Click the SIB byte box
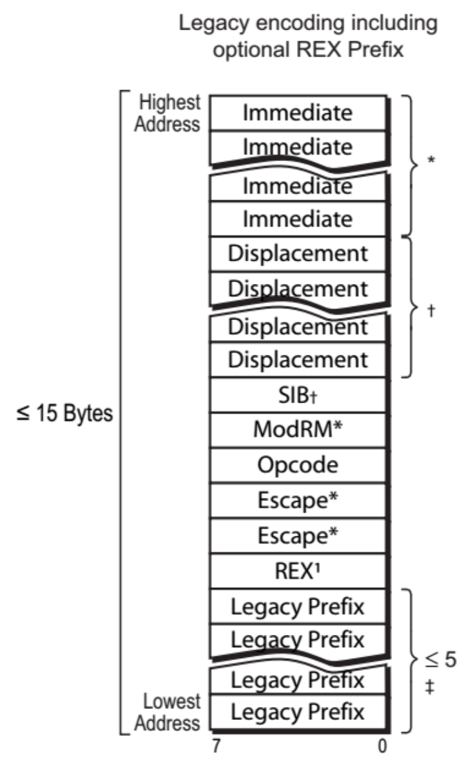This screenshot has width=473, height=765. (x=298, y=395)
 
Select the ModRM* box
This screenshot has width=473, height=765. (x=298, y=429)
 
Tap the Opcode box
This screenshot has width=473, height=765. (x=298, y=464)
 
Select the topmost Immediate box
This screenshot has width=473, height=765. (x=298, y=113)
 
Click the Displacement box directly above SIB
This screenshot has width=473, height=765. (x=298, y=359)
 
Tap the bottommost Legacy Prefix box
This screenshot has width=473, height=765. (x=298, y=712)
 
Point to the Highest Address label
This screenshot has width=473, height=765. (x=167, y=113)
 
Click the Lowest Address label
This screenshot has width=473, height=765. (x=171, y=712)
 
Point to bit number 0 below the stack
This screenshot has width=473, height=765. (x=383, y=746)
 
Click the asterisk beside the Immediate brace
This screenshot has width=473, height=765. (x=431, y=161)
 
